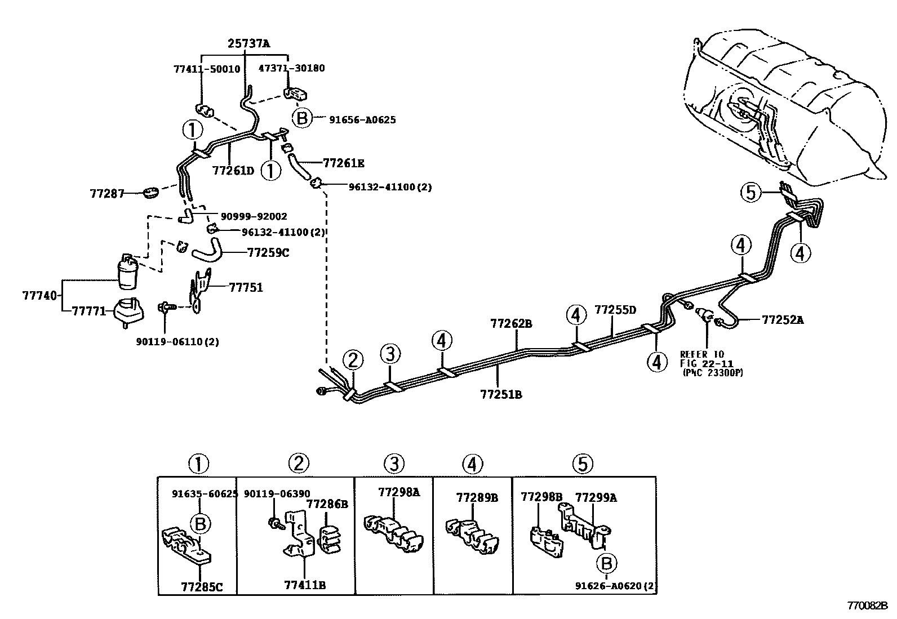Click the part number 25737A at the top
click(248, 43)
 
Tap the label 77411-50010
click(207, 69)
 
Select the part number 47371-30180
click(291, 68)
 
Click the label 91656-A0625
click(362, 120)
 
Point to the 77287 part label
click(107, 194)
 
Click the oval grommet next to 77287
click(151, 193)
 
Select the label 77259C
click(268, 253)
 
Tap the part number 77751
click(246, 287)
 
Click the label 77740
click(39, 296)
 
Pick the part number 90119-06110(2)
click(177, 341)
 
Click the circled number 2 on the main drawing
click(353, 360)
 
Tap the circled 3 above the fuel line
click(390, 354)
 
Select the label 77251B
click(501, 394)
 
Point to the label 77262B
click(512, 323)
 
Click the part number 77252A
click(783, 319)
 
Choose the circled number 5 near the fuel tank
click(751, 192)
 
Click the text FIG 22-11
click(707, 363)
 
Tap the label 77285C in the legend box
click(202, 586)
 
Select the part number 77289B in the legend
click(477, 497)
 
